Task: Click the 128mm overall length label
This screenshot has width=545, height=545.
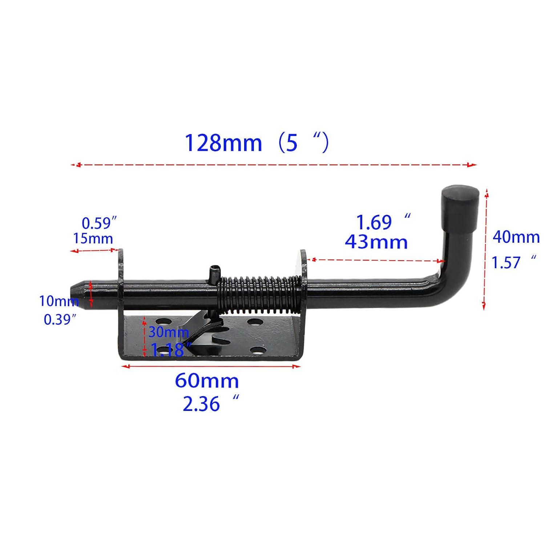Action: (x=223, y=143)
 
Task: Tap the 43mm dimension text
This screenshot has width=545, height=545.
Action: (x=376, y=242)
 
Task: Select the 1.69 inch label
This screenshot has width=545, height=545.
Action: (x=374, y=222)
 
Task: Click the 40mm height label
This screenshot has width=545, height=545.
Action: (x=516, y=238)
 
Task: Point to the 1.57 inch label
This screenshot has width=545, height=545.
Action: (x=507, y=262)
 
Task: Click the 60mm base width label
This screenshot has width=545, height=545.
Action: (x=207, y=381)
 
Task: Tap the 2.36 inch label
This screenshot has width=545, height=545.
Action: (x=201, y=404)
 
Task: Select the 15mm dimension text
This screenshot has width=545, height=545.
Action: (x=93, y=239)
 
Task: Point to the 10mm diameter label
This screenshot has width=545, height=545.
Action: (x=58, y=301)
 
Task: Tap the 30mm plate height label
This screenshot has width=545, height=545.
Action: (x=168, y=332)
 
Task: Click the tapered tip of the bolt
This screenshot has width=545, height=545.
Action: (x=77, y=294)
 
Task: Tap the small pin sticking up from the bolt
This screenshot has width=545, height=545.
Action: (x=213, y=274)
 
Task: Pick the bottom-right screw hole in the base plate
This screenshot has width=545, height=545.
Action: (x=257, y=351)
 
